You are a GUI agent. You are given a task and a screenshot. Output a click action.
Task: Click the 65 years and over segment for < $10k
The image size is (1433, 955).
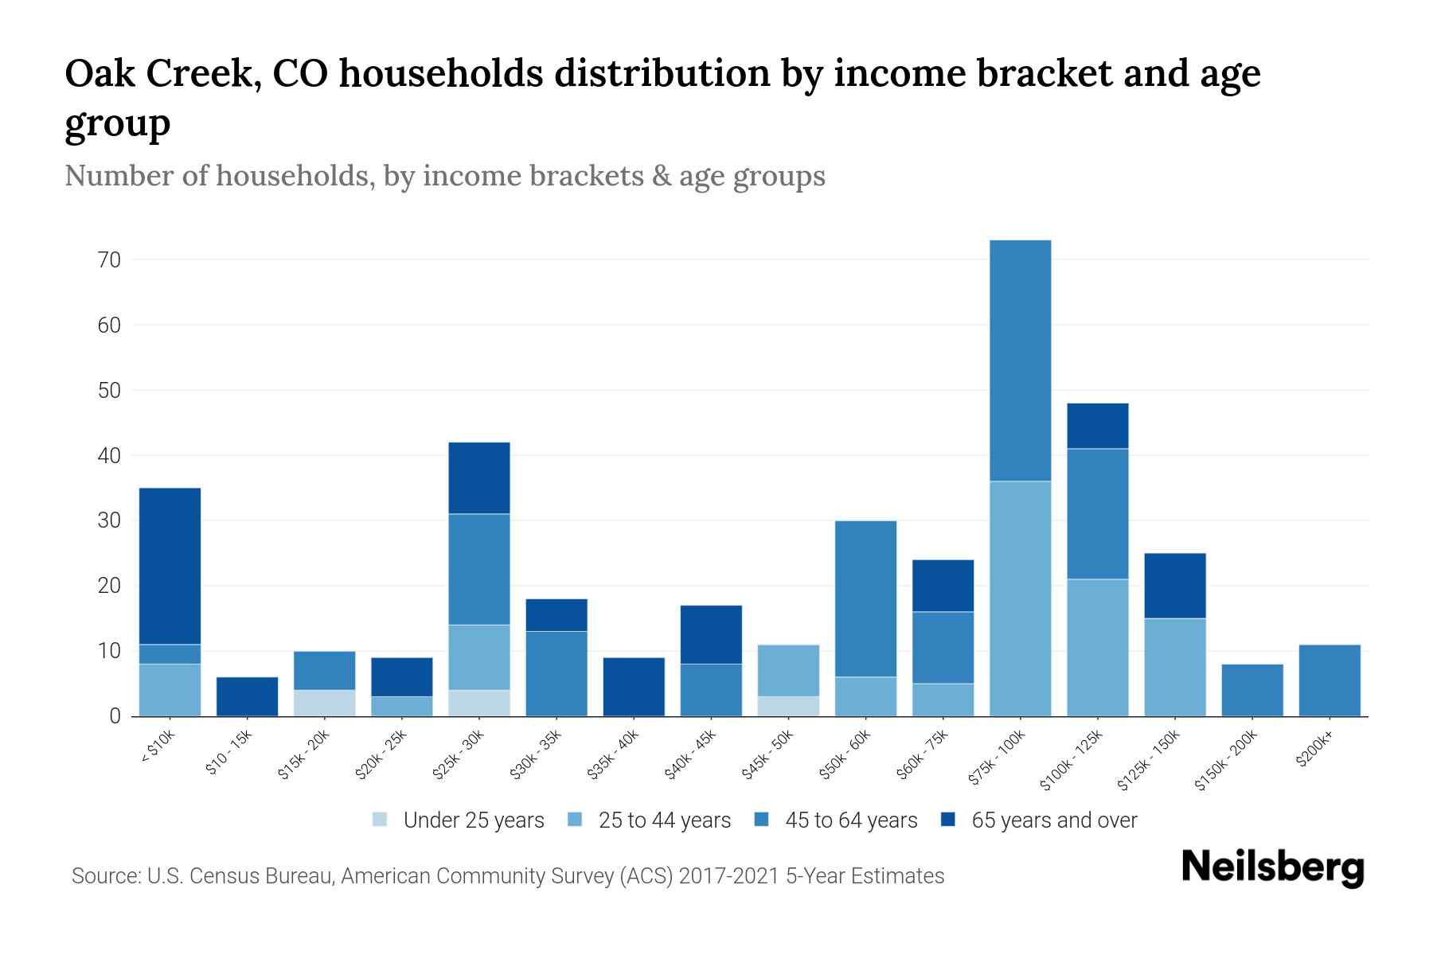coord(170,565)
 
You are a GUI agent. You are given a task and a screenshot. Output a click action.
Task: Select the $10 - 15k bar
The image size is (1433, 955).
coord(247,696)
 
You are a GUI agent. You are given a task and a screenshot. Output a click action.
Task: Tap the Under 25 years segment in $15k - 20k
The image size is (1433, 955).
coord(324,703)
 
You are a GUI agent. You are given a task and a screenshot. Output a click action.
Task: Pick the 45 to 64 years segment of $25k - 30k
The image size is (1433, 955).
coord(478,569)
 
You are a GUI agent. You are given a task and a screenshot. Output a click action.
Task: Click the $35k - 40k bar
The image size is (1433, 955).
coord(634,686)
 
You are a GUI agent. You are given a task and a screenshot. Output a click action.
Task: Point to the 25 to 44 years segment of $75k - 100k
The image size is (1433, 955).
coord(1020,598)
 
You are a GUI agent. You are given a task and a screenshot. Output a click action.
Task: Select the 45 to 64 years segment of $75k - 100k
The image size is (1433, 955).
coord(1020,360)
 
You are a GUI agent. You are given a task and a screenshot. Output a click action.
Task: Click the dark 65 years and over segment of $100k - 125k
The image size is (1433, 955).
coord(1097,426)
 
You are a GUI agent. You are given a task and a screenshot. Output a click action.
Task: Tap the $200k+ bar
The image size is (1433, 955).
coord(1329,680)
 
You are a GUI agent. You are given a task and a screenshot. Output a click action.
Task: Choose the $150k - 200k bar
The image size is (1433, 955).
coord(1251,690)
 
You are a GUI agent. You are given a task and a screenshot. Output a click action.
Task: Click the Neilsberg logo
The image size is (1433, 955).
coord(1272,867)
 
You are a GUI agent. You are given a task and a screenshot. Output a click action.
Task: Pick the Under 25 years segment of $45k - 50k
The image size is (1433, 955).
coord(788,706)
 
